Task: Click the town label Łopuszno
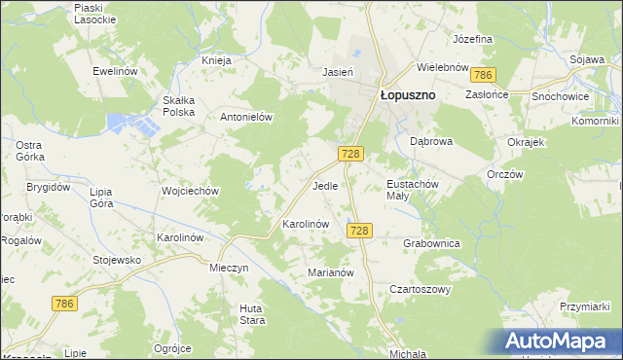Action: click(x=406, y=95)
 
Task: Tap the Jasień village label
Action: click(x=337, y=71)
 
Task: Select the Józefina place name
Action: click(x=473, y=39)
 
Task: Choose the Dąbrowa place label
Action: click(x=431, y=141)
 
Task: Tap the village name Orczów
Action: click(x=505, y=175)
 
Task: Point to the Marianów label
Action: click(x=330, y=273)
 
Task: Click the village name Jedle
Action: click(x=325, y=185)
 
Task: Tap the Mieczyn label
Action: click(x=230, y=267)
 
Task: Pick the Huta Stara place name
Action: click(x=253, y=314)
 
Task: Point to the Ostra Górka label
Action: click(x=28, y=151)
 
